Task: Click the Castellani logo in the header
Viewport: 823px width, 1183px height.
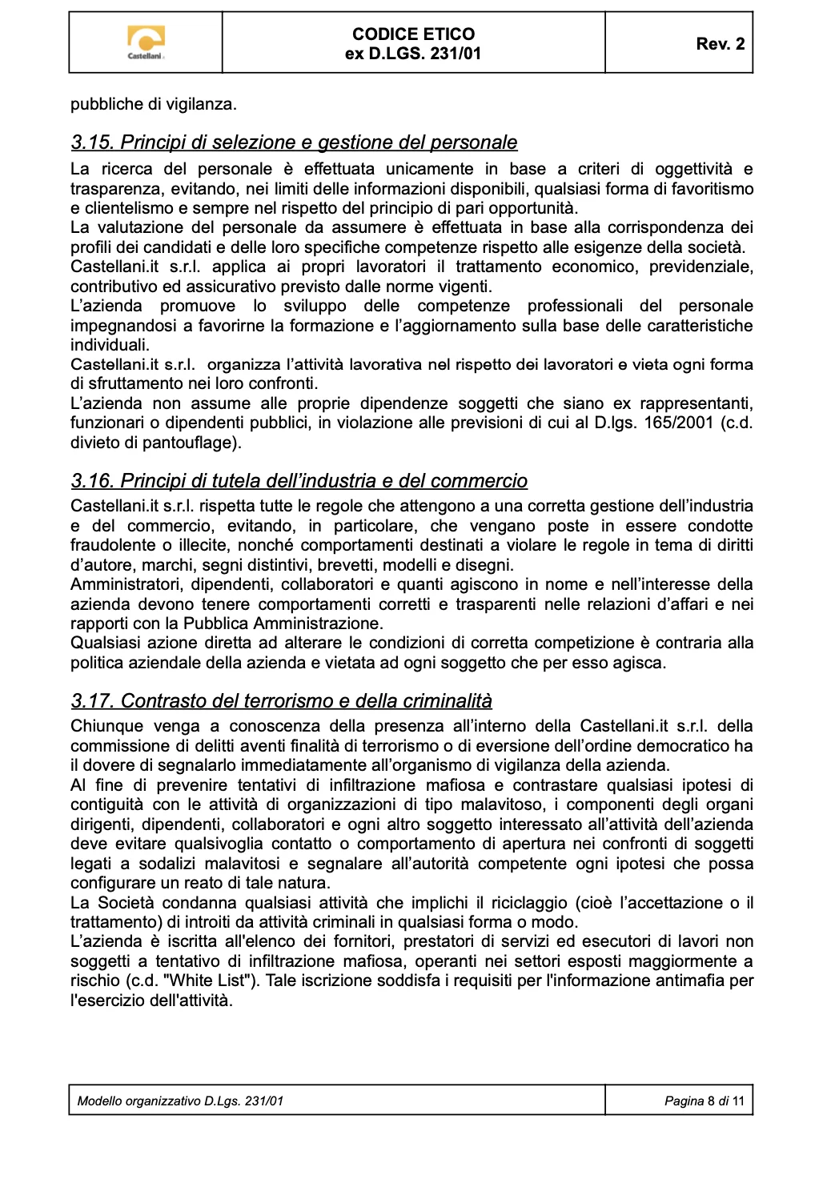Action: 146,42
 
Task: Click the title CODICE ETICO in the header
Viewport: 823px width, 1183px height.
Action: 413,34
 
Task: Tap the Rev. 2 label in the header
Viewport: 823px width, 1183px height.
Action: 720,44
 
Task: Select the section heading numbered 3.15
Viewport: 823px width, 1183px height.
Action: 294,142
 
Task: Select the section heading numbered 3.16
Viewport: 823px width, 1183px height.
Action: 299,481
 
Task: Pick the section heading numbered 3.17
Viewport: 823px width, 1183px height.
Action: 281,701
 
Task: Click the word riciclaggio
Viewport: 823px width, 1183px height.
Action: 529,903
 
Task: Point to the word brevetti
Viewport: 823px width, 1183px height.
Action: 345,565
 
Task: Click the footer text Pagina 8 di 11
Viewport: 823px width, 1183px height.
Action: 704,1101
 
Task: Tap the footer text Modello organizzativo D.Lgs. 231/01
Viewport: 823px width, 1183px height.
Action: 180,1101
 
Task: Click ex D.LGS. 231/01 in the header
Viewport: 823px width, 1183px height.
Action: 413,54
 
